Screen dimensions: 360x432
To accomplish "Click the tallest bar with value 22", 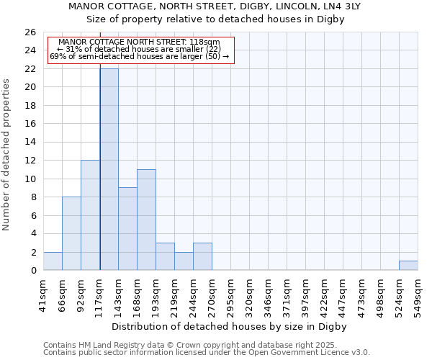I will click(109, 169).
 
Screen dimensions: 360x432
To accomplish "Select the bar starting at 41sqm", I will click(53, 261).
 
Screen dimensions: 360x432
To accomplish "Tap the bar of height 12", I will click(90, 215).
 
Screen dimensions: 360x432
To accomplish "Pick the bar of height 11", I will click(146, 220).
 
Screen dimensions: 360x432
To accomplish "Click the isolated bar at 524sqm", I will click(408, 266).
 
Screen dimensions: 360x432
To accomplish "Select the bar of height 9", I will click(127, 229).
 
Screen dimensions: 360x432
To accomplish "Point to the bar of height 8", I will click(71, 233).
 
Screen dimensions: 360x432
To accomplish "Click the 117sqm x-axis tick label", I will click(99, 294).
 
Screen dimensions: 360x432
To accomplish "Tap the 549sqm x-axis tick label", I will click(418, 294).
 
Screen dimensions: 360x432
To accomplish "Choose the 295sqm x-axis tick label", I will click(230, 294).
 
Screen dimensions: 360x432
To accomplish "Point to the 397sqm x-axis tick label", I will click(305, 294).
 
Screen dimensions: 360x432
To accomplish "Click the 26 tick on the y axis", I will click(30, 32).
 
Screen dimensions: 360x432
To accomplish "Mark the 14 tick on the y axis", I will click(30, 142).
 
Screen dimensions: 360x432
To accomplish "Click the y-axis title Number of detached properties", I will click(7, 155).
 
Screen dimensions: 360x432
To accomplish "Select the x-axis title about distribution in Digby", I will click(230, 326).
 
